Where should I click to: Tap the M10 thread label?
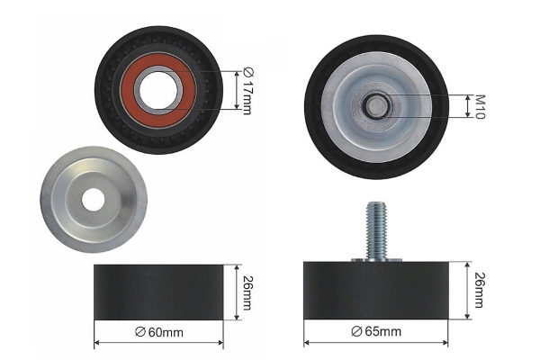(480, 107)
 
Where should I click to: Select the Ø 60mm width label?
(159, 332)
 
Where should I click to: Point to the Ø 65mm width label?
(376, 331)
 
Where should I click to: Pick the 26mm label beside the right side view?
(480, 290)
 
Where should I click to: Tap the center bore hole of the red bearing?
(158, 90)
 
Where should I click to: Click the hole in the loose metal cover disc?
(94, 199)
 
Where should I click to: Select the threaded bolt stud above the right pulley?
(376, 230)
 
